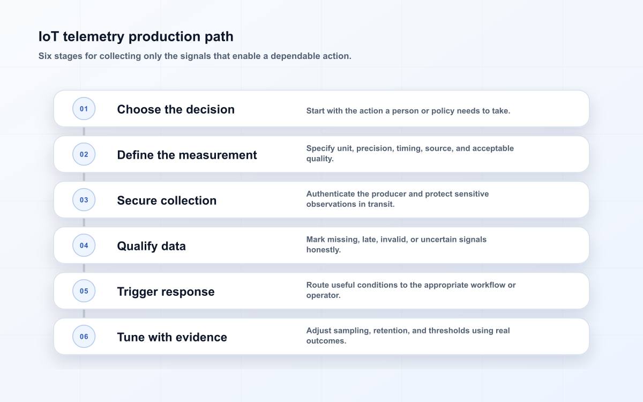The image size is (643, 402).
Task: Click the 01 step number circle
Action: click(x=84, y=108)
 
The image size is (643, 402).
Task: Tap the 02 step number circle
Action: click(x=84, y=154)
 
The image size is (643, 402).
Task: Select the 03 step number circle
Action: click(x=84, y=199)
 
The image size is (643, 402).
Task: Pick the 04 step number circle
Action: click(x=84, y=245)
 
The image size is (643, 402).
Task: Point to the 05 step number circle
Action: click(x=84, y=291)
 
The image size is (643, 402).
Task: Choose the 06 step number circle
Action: click(x=84, y=336)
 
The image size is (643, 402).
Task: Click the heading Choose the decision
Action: click(x=176, y=109)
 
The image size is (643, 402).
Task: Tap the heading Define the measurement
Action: click(x=187, y=155)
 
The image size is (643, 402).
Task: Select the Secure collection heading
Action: click(x=167, y=200)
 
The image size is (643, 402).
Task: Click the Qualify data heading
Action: click(x=151, y=246)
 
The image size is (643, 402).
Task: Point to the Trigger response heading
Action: click(x=166, y=292)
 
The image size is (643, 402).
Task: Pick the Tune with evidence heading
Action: click(x=172, y=337)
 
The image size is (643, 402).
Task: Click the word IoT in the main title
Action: click(x=49, y=36)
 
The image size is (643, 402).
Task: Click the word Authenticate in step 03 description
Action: click(x=331, y=194)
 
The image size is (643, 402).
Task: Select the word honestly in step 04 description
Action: click(x=324, y=250)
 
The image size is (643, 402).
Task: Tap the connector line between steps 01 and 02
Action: click(x=84, y=131)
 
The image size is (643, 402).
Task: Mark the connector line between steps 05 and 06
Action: click(x=84, y=314)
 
